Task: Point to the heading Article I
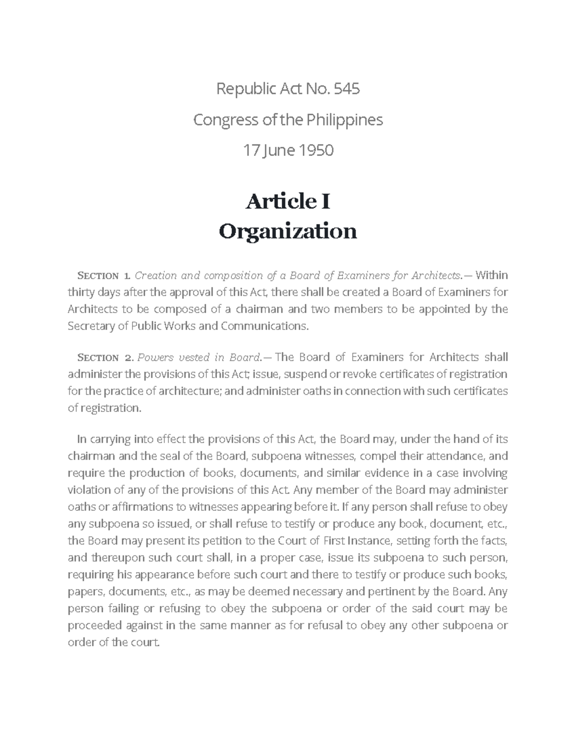click(288, 201)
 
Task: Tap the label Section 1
click(103, 276)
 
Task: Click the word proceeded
click(95, 626)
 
